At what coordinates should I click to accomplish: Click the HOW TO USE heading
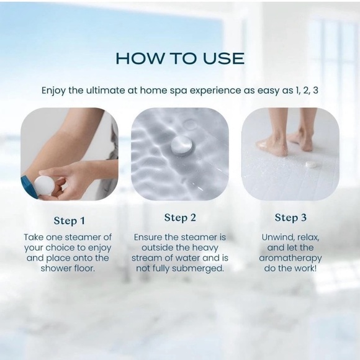tap(180, 59)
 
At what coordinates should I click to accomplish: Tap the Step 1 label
tap(70, 221)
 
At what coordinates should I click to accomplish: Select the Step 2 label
tap(180, 217)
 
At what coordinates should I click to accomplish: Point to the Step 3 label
tap(290, 217)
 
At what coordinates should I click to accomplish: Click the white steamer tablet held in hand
tap(44, 185)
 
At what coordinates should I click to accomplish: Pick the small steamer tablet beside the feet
tap(310, 165)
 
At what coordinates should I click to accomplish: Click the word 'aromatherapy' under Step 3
tap(290, 258)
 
